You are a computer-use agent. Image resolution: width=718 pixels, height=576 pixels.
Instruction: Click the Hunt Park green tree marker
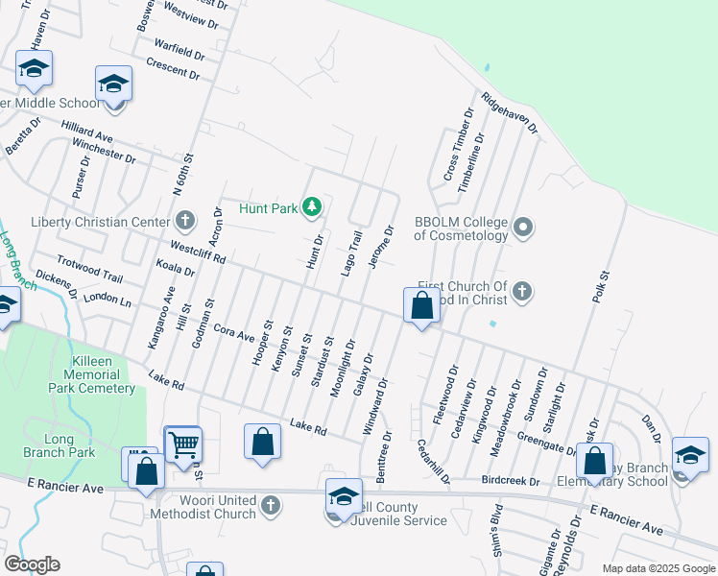311,206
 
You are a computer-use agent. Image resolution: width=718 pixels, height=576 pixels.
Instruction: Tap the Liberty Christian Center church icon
184,222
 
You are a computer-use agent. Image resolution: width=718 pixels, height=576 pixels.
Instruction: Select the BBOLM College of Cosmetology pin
523,228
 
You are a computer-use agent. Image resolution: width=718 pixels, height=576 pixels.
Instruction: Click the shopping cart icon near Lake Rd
183,444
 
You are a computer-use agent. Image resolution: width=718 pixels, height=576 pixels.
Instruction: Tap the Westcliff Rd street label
199,252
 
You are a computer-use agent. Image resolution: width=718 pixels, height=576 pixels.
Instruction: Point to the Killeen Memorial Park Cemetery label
92,374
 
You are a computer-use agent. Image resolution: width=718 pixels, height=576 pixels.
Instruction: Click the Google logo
32,564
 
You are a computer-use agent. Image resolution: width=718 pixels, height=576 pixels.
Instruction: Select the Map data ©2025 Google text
658,568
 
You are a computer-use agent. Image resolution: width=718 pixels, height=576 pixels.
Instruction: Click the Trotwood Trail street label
90,270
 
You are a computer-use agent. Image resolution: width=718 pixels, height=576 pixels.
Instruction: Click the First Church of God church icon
521,290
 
